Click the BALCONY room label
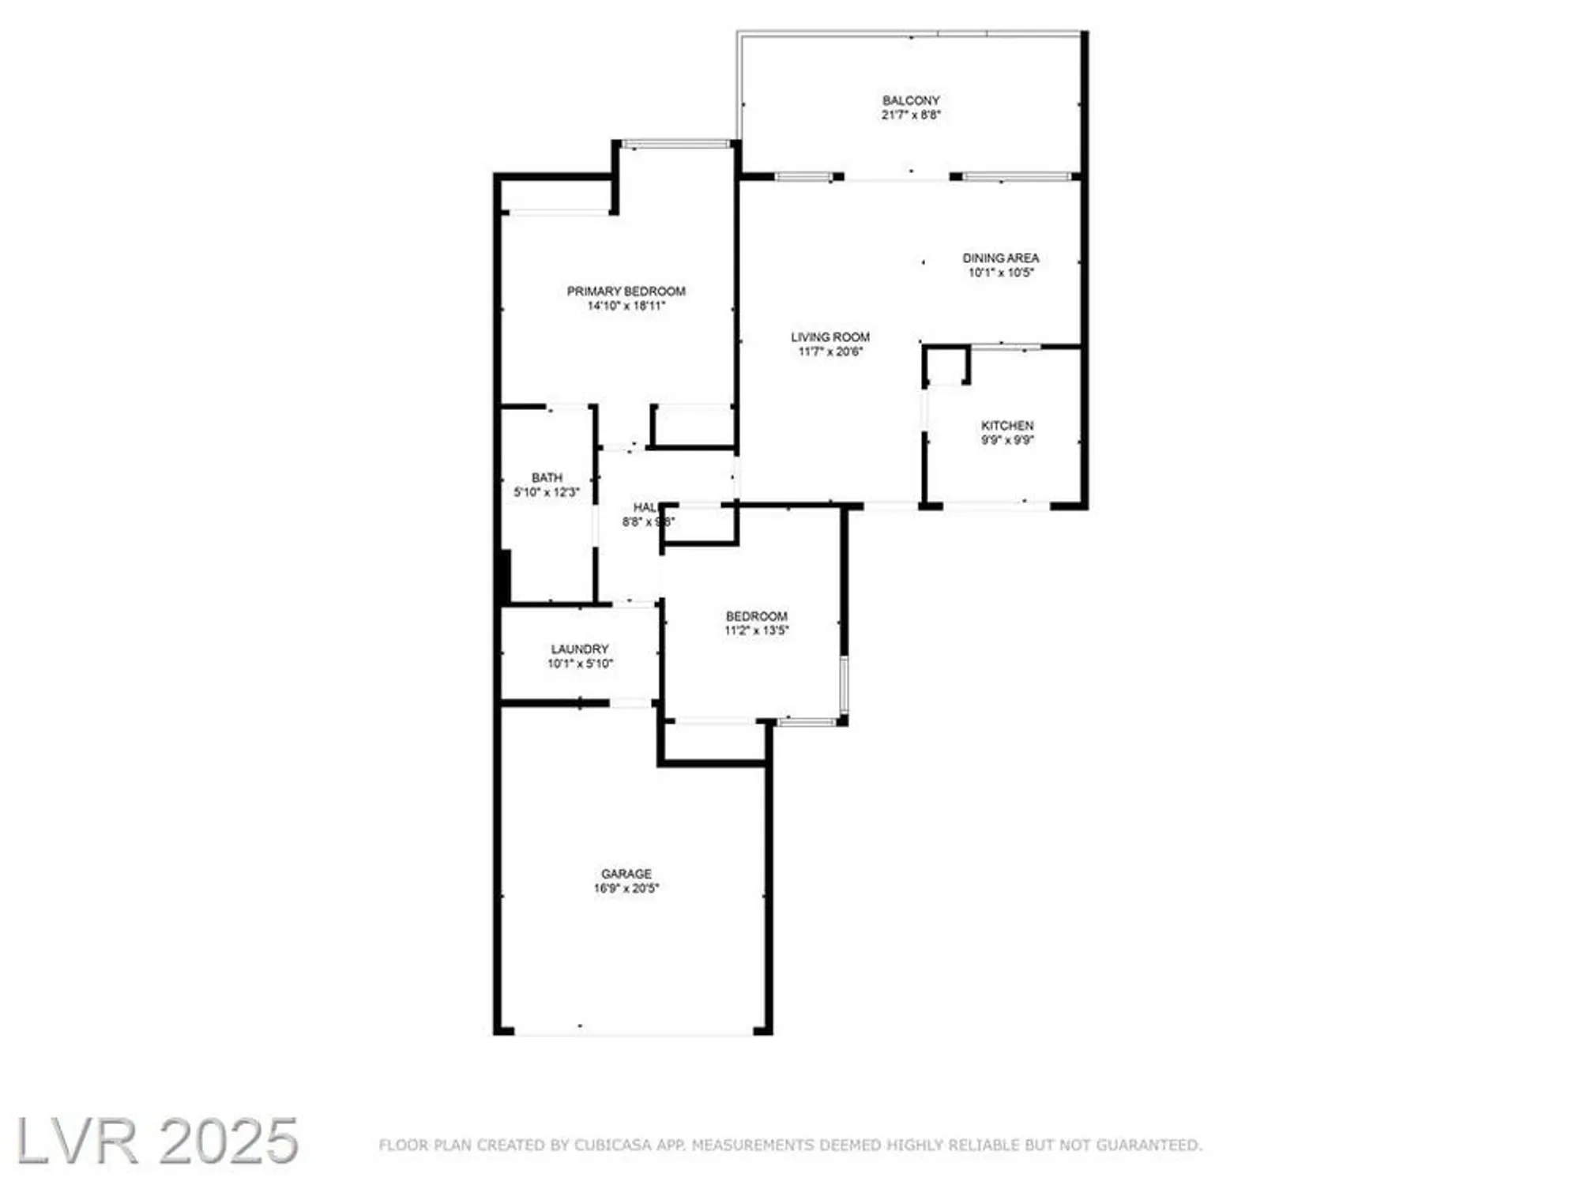pos(911,100)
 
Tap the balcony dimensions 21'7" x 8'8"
pos(911,115)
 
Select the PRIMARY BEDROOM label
pos(626,291)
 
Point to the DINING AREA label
pos(1000,258)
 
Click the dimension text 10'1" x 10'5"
pos(1000,273)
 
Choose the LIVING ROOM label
pos(829,337)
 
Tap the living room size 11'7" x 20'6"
pos(829,352)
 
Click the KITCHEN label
pos(1006,425)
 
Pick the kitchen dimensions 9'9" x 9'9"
pos(1006,440)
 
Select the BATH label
pos(547,477)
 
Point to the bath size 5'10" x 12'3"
pos(547,492)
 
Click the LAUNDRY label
pos(579,649)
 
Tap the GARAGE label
pos(626,873)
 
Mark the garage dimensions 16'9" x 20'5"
pos(626,888)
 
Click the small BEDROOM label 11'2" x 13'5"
pos(756,615)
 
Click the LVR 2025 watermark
pos(157,1141)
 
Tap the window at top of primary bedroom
pos(676,144)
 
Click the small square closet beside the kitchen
pos(946,366)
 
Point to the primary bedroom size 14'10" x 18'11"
pos(626,306)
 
